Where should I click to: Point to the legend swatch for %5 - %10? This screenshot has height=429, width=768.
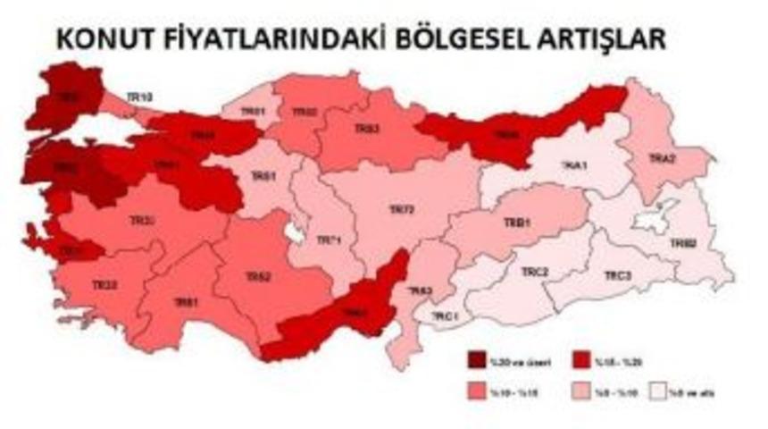pyautogui.click(x=582, y=390)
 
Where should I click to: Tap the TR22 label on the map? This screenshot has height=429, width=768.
pyautogui.click(x=104, y=285)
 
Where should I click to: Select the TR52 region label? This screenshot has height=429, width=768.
pyautogui.click(x=258, y=278)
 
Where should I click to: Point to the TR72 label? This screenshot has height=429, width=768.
pyautogui.click(x=402, y=210)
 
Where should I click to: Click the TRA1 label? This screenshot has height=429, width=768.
pyautogui.click(x=572, y=164)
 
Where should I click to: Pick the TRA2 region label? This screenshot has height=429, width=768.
pyautogui.click(x=661, y=157)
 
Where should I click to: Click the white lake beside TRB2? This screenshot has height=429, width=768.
pyautogui.click(x=649, y=218)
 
